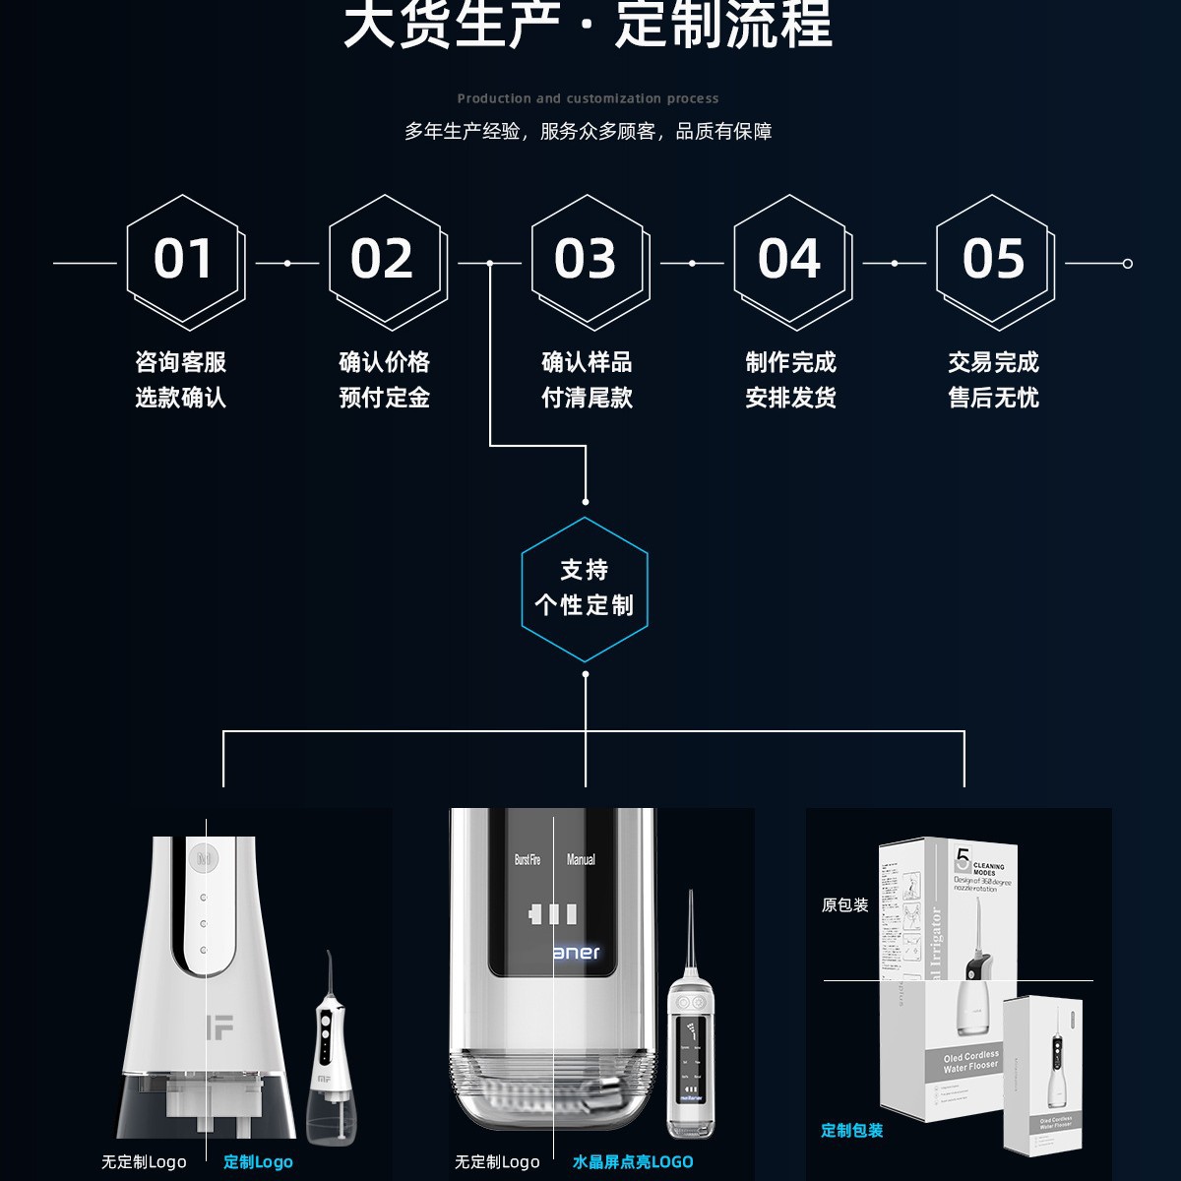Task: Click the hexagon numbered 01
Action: pos(184,261)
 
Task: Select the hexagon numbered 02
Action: pos(386,261)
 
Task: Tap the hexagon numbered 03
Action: pos(588,261)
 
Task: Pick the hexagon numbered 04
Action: pos(790,261)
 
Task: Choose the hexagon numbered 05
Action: pos(993,261)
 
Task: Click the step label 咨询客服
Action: pos(181,362)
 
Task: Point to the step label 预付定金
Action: pos(384,398)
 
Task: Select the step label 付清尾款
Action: pos(587,398)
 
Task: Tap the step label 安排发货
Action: pos(790,398)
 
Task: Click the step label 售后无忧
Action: pos(993,398)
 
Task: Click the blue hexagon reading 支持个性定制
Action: pos(585,589)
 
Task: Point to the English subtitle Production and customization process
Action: pos(588,98)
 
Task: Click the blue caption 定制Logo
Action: pos(258,1161)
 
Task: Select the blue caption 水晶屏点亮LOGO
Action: pos(633,1161)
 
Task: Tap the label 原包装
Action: pos(845,905)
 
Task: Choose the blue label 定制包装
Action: pos(852,1130)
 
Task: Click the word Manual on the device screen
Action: pos(581,859)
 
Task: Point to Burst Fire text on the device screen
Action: pos(528,859)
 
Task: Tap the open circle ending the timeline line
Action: pos(1128,264)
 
